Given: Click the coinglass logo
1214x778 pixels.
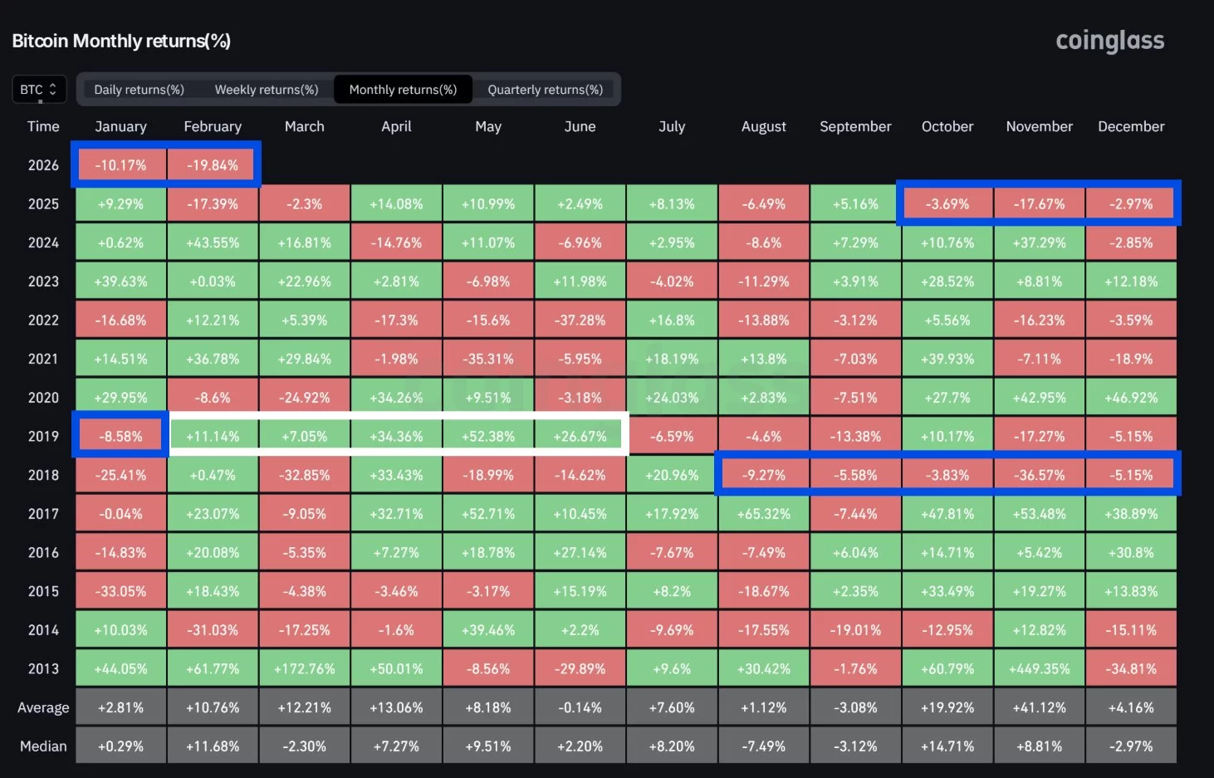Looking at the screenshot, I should [1109, 41].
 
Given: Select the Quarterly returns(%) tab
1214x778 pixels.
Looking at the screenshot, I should [545, 90].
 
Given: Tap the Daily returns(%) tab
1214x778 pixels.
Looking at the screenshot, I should [139, 90].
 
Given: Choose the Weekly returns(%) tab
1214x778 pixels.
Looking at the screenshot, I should [267, 90].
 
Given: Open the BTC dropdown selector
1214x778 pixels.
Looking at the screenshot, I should [38, 90].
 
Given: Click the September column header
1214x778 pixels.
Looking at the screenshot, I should [855, 126].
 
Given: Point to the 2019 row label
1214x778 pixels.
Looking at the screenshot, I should [43, 436].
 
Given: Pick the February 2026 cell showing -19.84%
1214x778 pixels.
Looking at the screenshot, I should [213, 165].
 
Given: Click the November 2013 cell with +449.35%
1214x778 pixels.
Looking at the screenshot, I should [1039, 668].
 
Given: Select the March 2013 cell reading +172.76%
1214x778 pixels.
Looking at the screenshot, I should [304, 668].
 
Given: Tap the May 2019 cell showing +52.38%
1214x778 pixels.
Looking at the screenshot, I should [488, 436].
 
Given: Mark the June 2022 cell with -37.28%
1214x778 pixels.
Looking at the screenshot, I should [580, 320].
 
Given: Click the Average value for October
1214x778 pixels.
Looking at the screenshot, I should [947, 707].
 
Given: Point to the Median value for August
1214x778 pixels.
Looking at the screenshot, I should [763, 746].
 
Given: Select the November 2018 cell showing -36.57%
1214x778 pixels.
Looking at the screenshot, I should [1039, 475].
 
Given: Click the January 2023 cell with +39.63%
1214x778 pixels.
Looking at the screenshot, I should [120, 281].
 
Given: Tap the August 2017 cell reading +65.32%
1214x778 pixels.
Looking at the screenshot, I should [763, 514].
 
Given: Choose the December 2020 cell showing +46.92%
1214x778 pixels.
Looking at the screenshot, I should [1131, 398].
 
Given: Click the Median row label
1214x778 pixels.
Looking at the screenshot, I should [43, 746].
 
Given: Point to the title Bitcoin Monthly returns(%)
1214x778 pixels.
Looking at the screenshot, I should [121, 41].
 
